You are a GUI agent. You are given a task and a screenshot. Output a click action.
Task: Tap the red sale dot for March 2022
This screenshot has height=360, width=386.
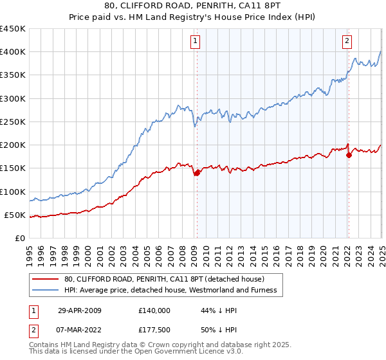click(x=348, y=155)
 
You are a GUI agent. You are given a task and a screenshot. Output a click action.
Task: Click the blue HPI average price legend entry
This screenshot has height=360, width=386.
click(x=170, y=290)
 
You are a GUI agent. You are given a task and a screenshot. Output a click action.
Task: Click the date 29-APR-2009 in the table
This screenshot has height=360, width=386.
click(x=80, y=310)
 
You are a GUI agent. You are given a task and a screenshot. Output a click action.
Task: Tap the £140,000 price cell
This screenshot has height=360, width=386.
click(x=154, y=310)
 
